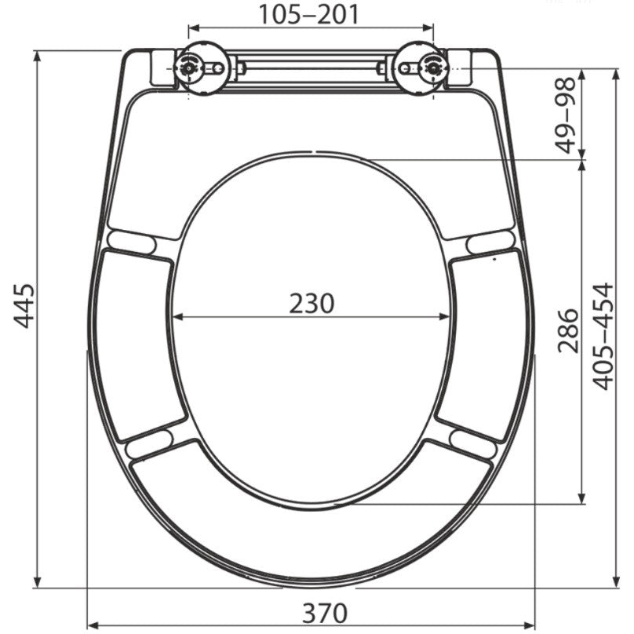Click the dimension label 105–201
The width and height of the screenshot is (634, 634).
(x=308, y=15)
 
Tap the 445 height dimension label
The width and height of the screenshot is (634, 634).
(x=24, y=306)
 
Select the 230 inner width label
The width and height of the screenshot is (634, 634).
(x=312, y=303)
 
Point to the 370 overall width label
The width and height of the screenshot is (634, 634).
(x=324, y=613)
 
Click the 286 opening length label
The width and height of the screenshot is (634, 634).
(x=567, y=331)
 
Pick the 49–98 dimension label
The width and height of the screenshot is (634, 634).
(x=565, y=115)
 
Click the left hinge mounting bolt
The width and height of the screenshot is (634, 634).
(x=189, y=68)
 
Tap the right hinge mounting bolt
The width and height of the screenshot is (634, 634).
(x=433, y=68)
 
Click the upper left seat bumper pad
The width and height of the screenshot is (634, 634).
(x=132, y=242)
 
